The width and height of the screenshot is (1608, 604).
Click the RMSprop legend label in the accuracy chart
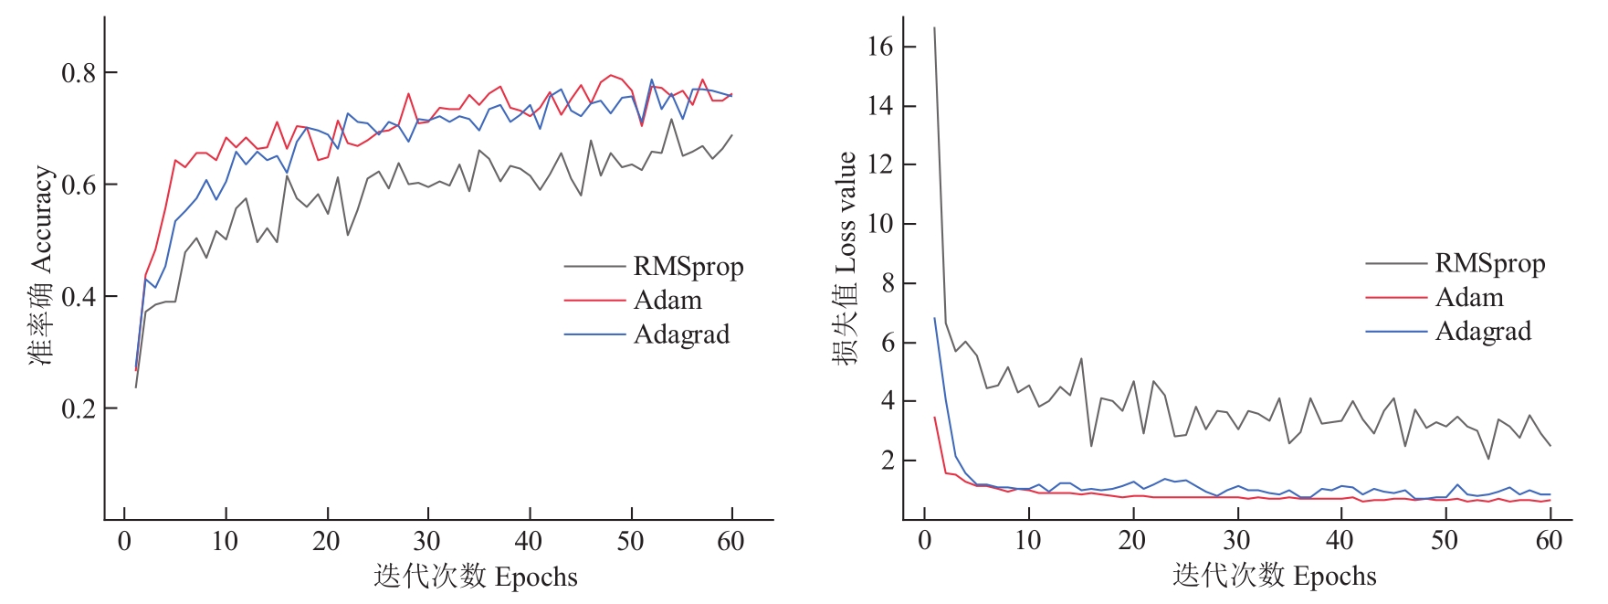click(688, 267)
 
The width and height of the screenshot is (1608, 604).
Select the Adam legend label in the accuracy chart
click(667, 301)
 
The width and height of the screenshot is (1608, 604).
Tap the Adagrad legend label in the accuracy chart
click(681, 334)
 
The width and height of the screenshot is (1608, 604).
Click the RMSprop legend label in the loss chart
click(1489, 264)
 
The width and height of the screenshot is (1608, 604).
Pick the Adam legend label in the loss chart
click(1468, 298)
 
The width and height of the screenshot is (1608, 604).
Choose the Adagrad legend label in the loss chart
click(1482, 332)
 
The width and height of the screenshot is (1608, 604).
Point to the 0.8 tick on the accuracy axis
click(79, 73)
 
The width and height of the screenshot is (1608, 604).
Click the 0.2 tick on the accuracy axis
click(79, 408)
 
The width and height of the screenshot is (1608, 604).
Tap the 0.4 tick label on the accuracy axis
click(79, 297)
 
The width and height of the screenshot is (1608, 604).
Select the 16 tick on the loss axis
click(879, 48)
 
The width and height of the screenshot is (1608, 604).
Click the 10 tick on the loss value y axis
click(879, 225)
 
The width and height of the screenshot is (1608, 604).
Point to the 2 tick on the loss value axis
click(885, 461)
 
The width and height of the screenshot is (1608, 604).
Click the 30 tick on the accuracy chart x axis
click(427, 541)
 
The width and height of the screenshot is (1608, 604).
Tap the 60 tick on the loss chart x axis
click(1549, 541)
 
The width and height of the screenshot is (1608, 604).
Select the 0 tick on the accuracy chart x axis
click(124, 541)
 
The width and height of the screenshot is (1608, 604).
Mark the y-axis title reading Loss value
click(845, 259)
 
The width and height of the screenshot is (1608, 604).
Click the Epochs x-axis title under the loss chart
click(1275, 577)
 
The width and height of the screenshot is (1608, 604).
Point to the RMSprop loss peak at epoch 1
click(934, 28)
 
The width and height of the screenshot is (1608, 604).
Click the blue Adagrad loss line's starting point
click(934, 318)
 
